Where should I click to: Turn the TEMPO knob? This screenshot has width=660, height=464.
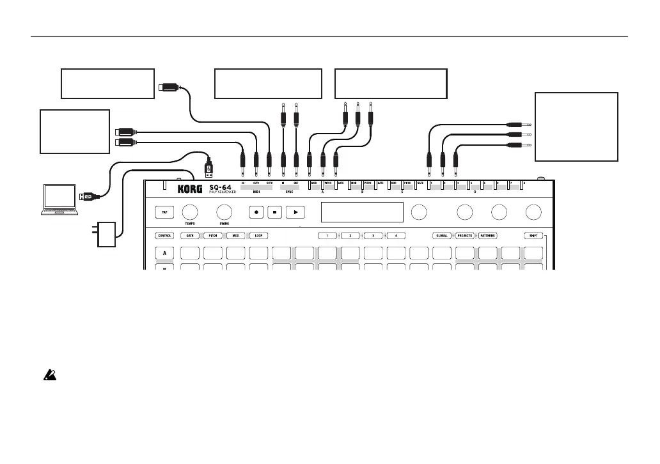[190, 212]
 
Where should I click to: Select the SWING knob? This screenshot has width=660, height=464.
[224, 212]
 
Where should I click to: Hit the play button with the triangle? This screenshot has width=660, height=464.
[295, 212]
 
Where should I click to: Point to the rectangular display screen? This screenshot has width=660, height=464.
[362, 212]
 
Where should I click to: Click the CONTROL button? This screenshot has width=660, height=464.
[165, 236]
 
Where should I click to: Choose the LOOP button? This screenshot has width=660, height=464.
[258, 236]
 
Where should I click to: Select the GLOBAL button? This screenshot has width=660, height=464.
[442, 236]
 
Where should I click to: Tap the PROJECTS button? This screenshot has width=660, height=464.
[465, 236]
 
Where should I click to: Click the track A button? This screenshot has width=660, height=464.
[165, 254]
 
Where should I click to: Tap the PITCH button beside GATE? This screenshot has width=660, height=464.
[212, 236]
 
